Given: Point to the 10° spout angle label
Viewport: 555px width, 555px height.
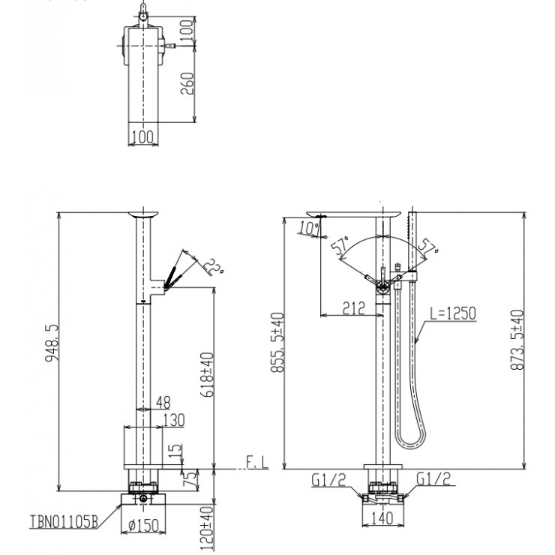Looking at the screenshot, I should pos(307,226).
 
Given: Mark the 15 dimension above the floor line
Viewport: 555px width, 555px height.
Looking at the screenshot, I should pos(175,451).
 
